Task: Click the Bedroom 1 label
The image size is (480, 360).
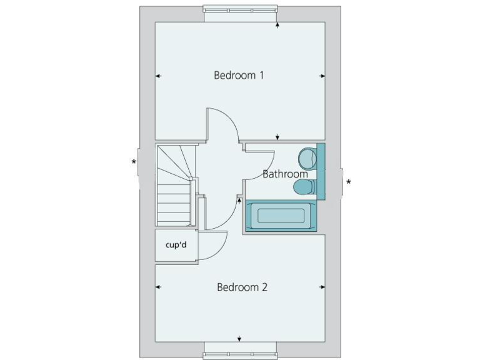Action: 239,76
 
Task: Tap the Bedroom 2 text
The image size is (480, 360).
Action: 242,287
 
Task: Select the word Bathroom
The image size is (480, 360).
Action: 285,174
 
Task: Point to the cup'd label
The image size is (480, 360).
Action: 176,245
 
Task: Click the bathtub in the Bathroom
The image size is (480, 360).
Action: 281,216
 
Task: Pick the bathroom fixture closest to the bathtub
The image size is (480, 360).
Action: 304,186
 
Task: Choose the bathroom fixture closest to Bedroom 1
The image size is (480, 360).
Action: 307,156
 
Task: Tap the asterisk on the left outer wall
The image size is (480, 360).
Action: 134,163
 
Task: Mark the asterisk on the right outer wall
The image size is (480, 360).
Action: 349,183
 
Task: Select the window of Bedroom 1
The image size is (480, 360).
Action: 240,9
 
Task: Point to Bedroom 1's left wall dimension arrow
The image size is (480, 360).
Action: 158,76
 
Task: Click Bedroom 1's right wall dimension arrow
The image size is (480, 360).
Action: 322,76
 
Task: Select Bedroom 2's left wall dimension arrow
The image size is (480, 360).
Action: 158,287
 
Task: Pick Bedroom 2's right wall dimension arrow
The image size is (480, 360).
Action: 322,287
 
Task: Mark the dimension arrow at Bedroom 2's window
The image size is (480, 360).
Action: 240,339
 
